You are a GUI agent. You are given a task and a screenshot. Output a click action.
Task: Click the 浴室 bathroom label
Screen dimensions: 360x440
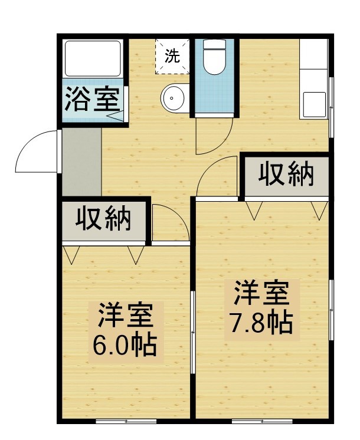[x=93, y=100]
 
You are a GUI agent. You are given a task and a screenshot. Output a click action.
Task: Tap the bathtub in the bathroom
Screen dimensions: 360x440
[x=93, y=58]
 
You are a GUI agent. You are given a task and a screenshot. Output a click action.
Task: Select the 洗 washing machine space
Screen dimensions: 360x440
[x=172, y=57]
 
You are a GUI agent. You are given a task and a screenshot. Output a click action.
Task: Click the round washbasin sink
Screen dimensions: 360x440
[x=174, y=98]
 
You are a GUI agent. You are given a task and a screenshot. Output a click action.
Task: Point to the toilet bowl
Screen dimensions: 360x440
[x=215, y=58]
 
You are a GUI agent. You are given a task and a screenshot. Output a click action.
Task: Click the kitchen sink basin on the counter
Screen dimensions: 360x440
[x=314, y=104]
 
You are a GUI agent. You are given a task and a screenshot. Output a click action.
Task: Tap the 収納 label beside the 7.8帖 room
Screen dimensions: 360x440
[x=286, y=173]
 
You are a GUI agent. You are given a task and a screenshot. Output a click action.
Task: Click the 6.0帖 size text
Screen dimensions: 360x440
[x=125, y=345]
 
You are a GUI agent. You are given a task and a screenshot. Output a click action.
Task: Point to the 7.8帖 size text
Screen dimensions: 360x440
[x=261, y=323]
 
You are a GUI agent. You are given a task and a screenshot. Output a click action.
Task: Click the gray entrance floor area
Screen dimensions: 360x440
[x=81, y=162]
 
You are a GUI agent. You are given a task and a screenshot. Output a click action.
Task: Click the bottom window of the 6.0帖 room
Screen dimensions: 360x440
[x=126, y=421]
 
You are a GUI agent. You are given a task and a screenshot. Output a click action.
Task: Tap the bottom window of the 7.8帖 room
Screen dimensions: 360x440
[x=262, y=421]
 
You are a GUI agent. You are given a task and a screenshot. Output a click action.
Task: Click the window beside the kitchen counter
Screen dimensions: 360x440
[x=331, y=107]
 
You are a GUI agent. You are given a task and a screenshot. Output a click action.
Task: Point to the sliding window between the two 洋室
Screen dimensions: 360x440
[x=193, y=332]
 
